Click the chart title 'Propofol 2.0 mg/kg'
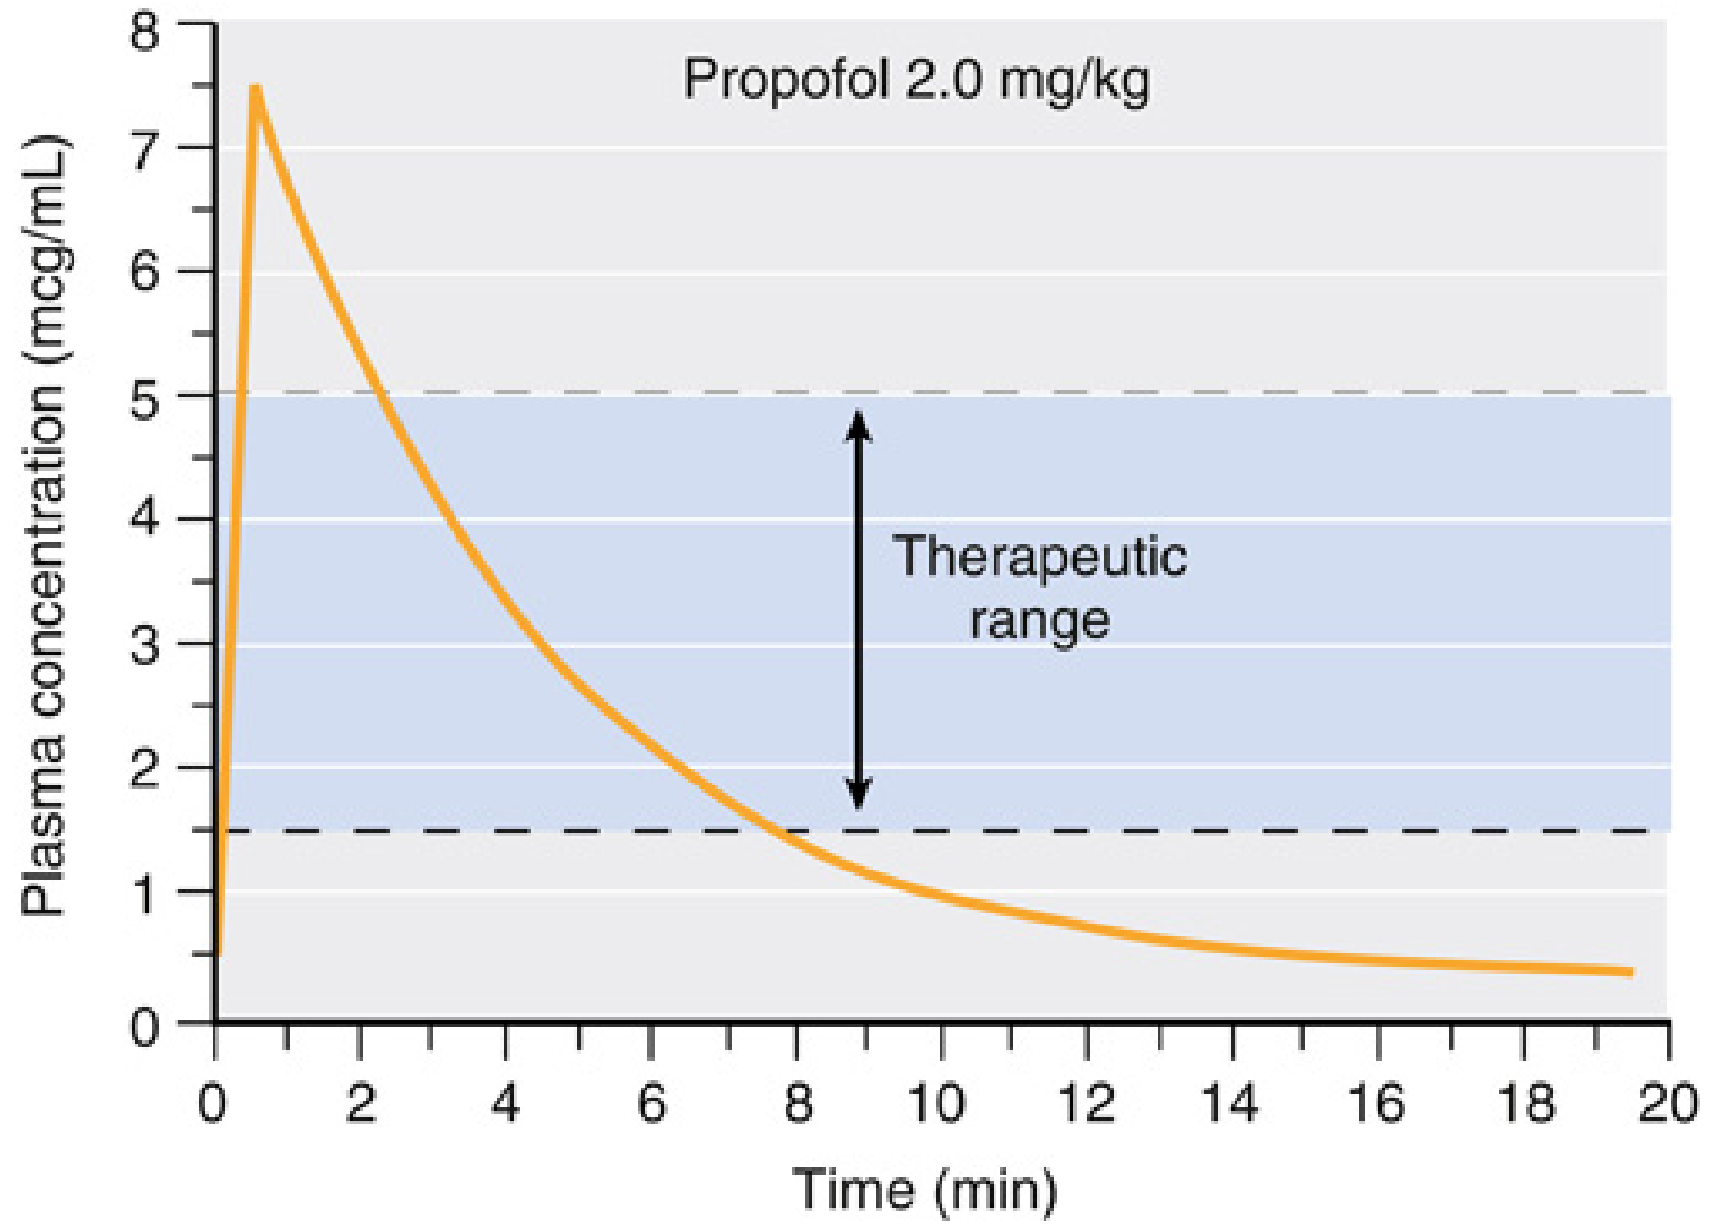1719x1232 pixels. coord(916,80)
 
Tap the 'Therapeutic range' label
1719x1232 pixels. coord(1039,587)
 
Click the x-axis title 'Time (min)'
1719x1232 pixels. coord(925,1191)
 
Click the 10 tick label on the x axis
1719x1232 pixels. coord(936,1103)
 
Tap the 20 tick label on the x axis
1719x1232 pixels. coord(1667,1103)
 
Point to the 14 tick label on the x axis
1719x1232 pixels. coord(1229,1103)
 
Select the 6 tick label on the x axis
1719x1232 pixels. coord(651,1103)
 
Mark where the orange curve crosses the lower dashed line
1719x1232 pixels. coord(782,831)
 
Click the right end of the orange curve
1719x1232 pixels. coord(1629,971)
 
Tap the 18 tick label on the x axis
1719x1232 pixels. coord(1525,1103)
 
